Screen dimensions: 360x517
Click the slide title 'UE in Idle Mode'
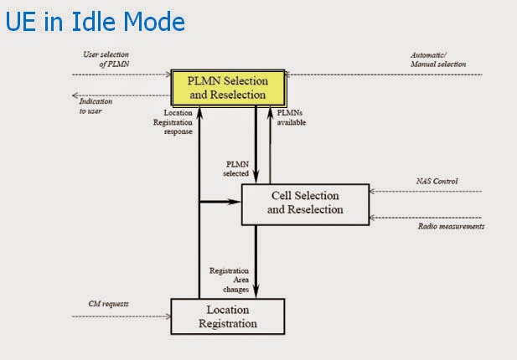95,20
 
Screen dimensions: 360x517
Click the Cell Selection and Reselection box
305,203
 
